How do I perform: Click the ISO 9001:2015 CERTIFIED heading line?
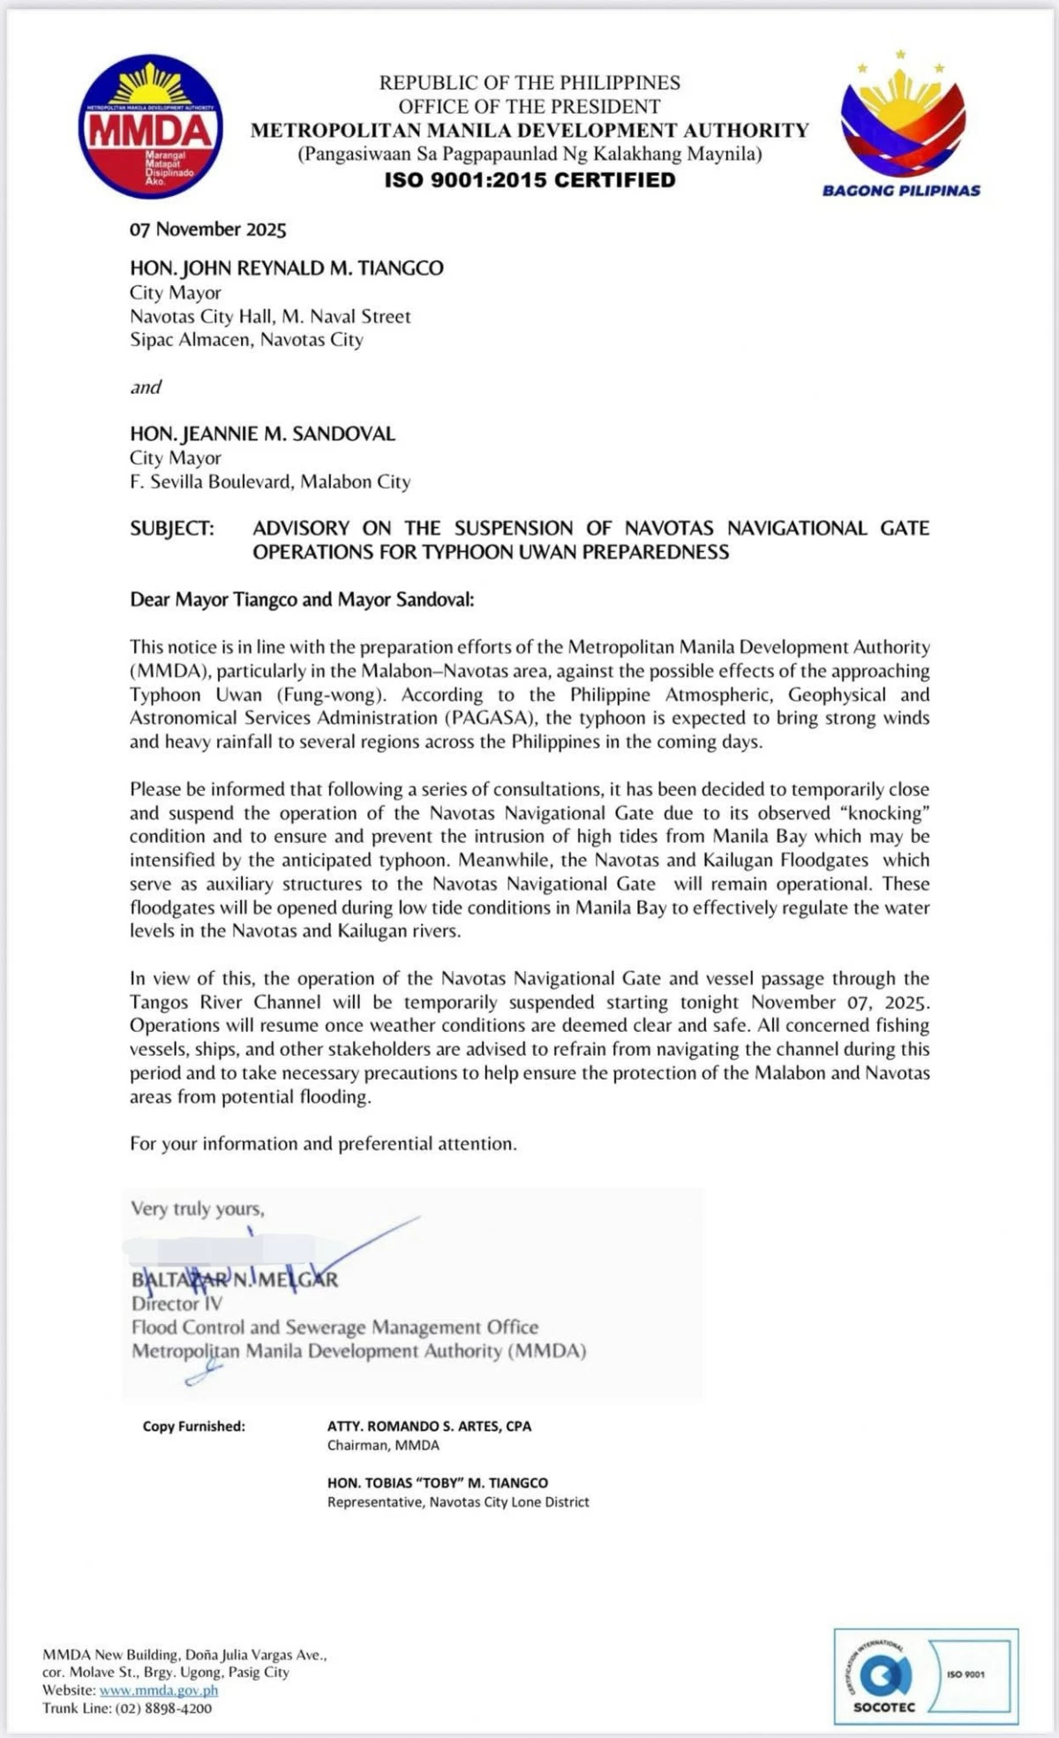pyautogui.click(x=529, y=180)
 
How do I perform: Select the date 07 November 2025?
pyautogui.click(x=208, y=229)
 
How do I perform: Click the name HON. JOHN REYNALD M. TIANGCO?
pyautogui.click(x=287, y=268)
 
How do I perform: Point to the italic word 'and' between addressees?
pyautogui.click(x=146, y=387)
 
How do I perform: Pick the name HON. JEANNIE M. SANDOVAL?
pyautogui.click(x=262, y=434)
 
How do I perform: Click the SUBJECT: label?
pyautogui.click(x=172, y=529)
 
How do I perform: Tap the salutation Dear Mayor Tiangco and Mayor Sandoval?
pyautogui.click(x=302, y=600)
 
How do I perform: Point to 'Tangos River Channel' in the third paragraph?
pyautogui.click(x=225, y=1003)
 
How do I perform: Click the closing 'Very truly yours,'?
pyautogui.click(x=198, y=1208)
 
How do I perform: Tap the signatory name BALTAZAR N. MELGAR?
pyautogui.click(x=235, y=1280)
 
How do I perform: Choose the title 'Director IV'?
pyautogui.click(x=176, y=1304)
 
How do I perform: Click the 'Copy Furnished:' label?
pyautogui.click(x=194, y=1426)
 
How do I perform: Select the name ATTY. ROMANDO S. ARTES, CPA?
pyautogui.click(x=429, y=1426)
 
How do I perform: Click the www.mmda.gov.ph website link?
pyautogui.click(x=159, y=1690)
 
